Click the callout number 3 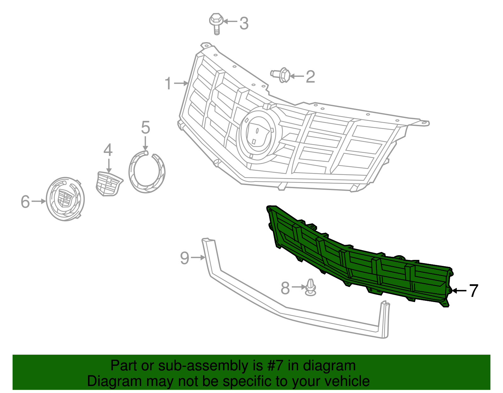(244, 23)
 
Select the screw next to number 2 (281, 76)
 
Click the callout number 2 (310, 77)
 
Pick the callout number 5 (145, 128)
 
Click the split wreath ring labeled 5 (146, 172)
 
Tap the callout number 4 (108, 150)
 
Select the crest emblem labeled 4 (108, 184)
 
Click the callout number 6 (25, 202)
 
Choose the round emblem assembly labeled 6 (65, 199)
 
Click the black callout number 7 (473, 291)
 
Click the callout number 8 (285, 288)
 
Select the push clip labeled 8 (311, 287)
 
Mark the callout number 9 (185, 258)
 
